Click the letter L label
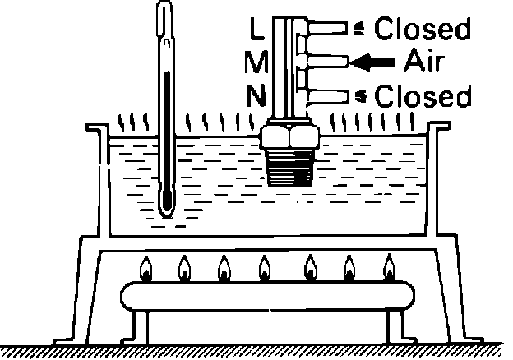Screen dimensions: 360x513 click(x=256, y=30)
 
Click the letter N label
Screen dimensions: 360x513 click(x=257, y=97)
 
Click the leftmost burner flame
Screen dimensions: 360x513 click(x=146, y=268)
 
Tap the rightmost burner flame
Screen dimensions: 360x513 click(x=389, y=268)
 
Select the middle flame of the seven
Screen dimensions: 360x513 click(x=265, y=268)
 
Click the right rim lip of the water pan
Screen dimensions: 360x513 click(x=440, y=130)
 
